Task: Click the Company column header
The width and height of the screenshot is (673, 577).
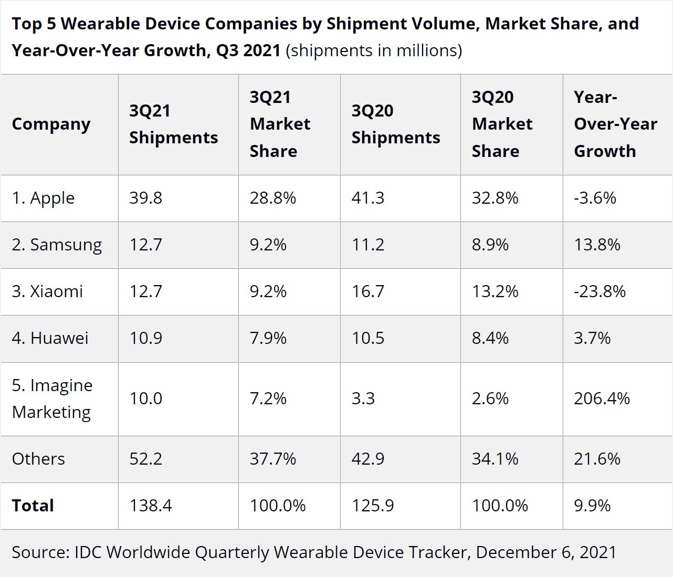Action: pyautogui.click(x=51, y=124)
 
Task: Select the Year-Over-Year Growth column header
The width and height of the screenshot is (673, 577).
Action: pyautogui.click(x=615, y=124)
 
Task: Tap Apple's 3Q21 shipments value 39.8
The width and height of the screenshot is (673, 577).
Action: pyautogui.click(x=145, y=198)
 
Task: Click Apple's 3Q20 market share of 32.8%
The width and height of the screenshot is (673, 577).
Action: pyautogui.click(x=495, y=198)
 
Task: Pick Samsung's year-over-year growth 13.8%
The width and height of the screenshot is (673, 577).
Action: pyautogui.click(x=597, y=245)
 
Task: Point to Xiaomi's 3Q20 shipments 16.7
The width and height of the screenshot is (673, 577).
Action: pyautogui.click(x=367, y=292)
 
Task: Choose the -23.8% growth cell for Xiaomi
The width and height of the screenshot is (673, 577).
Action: pyautogui.click(x=600, y=292)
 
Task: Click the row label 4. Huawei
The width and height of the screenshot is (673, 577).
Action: pyautogui.click(x=50, y=339)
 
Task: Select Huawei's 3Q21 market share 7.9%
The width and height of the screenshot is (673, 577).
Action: pyautogui.click(x=268, y=339)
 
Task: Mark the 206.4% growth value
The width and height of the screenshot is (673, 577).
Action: pyautogui.click(x=602, y=399)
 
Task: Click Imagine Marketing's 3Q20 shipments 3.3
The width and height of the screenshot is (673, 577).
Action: pyautogui.click(x=363, y=399)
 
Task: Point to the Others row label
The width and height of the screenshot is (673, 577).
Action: pyautogui.click(x=38, y=459)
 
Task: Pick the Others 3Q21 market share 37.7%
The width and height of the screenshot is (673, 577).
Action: pyautogui.click(x=272, y=459)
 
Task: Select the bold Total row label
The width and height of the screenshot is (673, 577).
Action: pyautogui.click(x=33, y=506)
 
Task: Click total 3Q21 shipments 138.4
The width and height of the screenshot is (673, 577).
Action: pyautogui.click(x=150, y=506)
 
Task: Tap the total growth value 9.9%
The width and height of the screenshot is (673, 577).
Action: pyautogui.click(x=592, y=506)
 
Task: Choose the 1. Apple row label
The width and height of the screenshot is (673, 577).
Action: pyautogui.click(x=43, y=198)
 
